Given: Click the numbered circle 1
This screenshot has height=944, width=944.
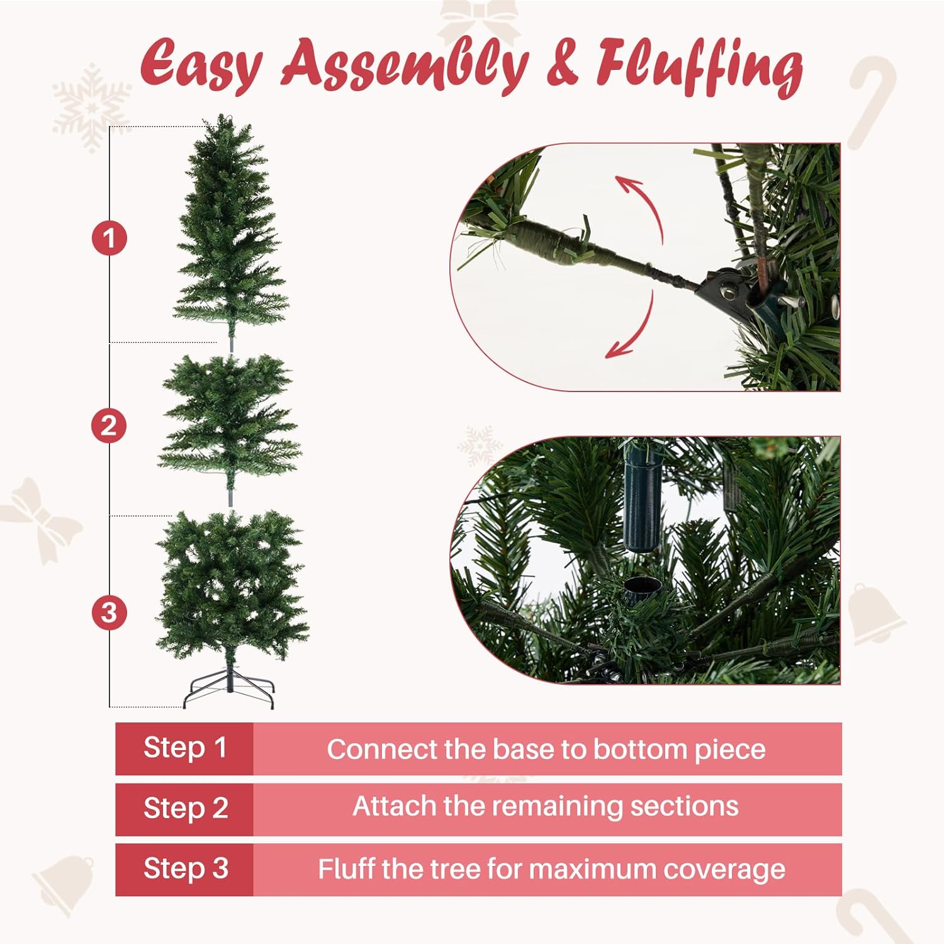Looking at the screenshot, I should coord(110,239).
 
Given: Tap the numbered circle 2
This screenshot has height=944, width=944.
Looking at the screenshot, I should coord(109,426).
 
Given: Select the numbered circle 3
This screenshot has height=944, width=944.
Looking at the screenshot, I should coord(109,612).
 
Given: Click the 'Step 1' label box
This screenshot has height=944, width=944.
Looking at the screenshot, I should coord(184,748).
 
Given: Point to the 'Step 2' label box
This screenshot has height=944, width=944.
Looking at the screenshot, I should coord(184,809).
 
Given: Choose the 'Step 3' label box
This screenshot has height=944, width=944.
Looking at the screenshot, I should coord(184,869).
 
